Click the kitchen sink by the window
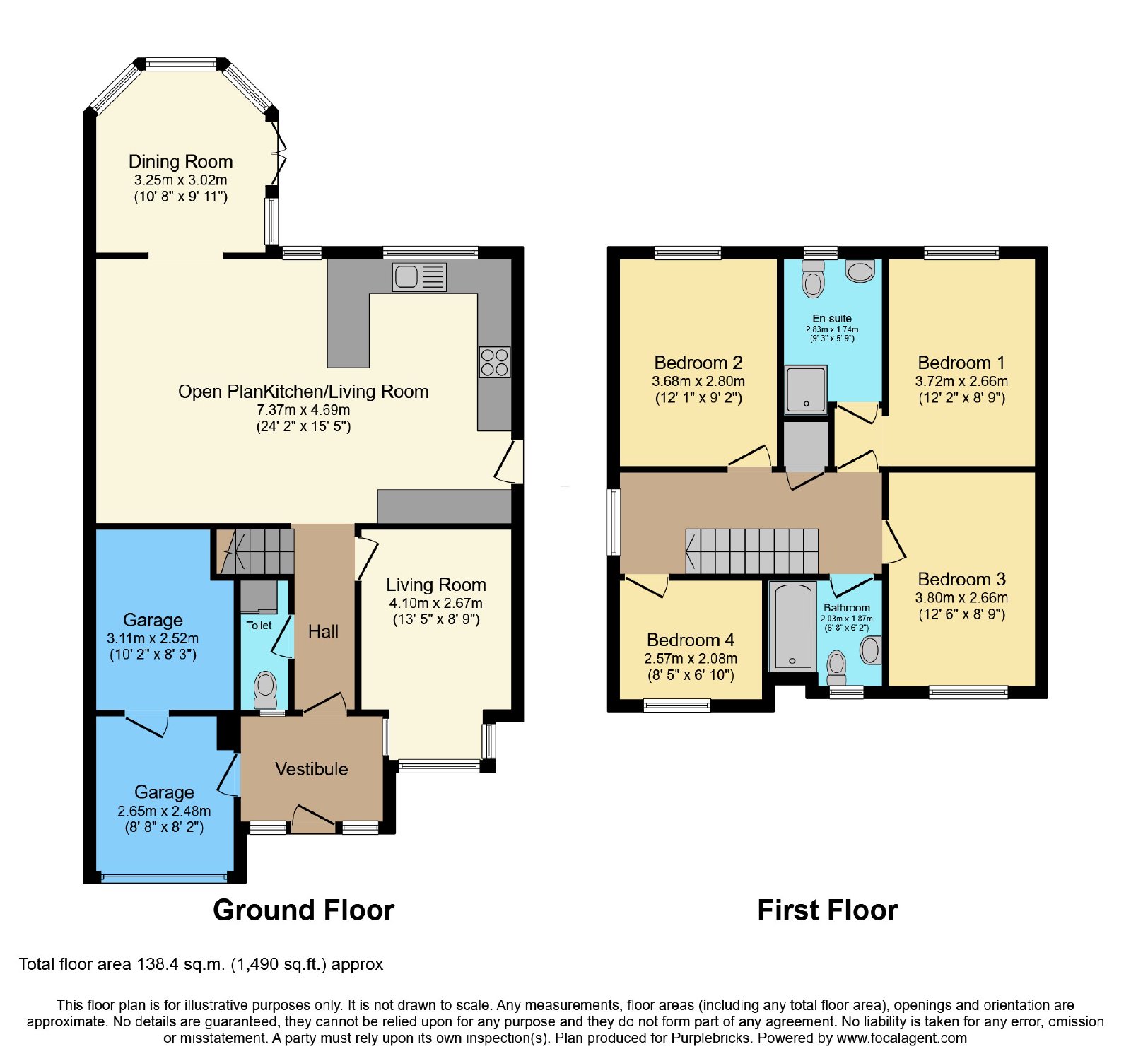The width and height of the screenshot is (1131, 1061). (x=419, y=276)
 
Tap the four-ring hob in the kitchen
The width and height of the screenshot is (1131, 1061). (x=494, y=362)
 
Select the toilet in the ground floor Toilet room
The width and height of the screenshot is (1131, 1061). (x=265, y=689)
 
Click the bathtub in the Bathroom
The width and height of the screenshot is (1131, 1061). (x=792, y=626)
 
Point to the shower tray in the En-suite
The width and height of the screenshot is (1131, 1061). (x=806, y=389)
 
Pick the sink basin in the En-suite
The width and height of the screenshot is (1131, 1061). (x=860, y=271)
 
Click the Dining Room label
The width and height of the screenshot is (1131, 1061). (x=181, y=161)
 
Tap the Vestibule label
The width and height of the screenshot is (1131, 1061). (x=312, y=769)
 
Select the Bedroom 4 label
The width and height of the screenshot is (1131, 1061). (x=691, y=640)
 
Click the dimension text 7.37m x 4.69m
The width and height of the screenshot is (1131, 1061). (x=303, y=410)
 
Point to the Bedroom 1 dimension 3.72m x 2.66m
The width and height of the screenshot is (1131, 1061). (x=961, y=381)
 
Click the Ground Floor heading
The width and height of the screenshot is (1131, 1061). (x=304, y=910)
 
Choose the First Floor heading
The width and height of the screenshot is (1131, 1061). (x=828, y=910)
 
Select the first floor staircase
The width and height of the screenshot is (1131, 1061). (x=752, y=551)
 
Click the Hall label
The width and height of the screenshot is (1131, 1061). (x=324, y=631)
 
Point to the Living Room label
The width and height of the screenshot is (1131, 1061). (x=436, y=585)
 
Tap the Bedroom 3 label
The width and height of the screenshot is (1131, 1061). (x=961, y=579)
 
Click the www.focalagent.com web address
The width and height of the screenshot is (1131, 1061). (x=902, y=1038)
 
